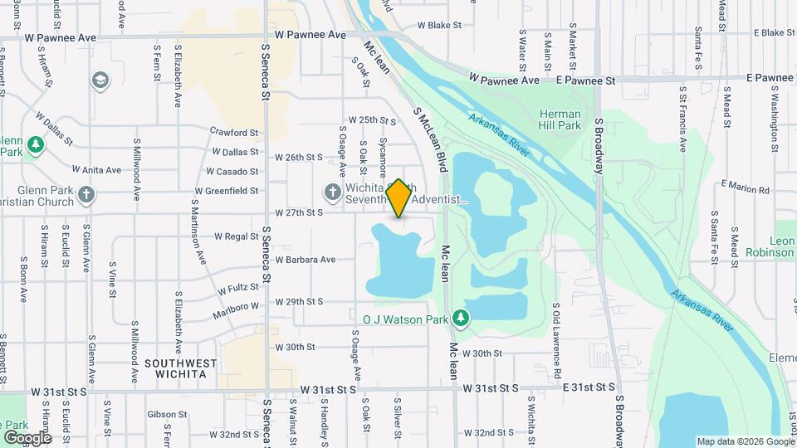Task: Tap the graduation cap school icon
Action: point(100,80)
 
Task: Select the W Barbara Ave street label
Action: point(306,260)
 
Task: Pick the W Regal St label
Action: point(237,236)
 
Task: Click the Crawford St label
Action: point(235,132)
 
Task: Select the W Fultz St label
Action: point(237,288)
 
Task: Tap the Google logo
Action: point(27,437)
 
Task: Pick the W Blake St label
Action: point(439,26)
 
